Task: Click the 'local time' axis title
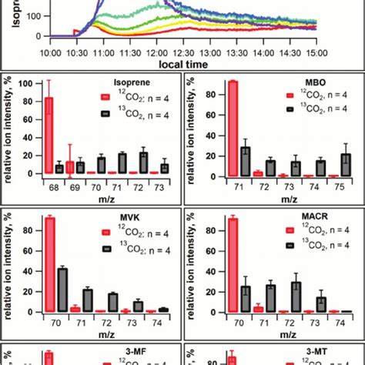[x=182, y=65]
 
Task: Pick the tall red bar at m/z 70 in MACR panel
[x=232, y=265]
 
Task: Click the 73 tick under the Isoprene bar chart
[x=164, y=187]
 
